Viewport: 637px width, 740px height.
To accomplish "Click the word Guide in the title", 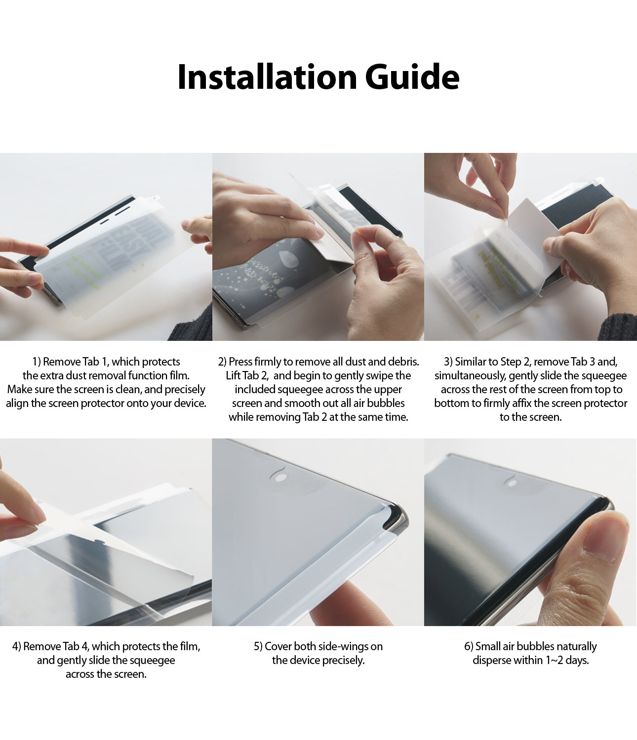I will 412,77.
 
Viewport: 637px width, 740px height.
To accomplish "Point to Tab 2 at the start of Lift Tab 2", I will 255,375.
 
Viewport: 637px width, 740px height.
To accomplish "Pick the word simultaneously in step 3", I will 470,375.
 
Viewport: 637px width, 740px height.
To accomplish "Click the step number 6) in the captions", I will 469,646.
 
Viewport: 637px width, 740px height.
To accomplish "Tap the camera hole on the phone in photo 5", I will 280,477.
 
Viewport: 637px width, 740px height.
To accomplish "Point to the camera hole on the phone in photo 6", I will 513,482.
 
